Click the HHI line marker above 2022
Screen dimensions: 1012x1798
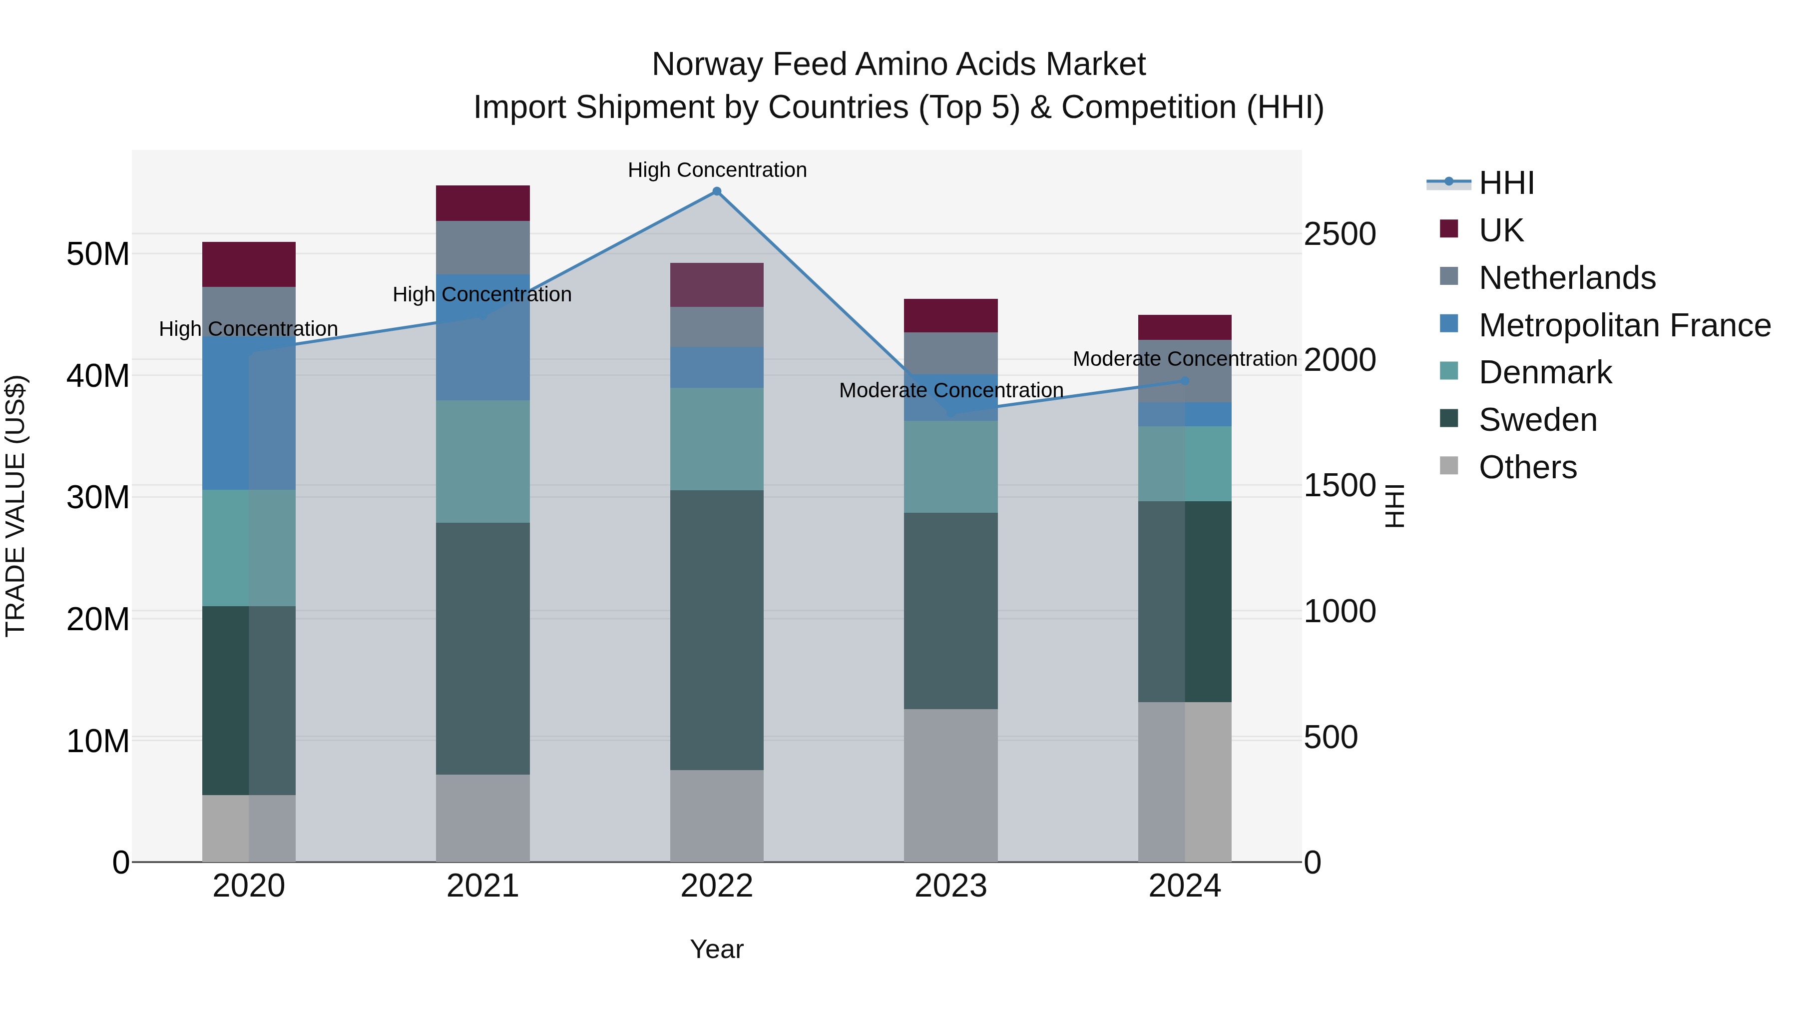(716, 191)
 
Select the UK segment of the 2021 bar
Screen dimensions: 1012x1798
(482, 203)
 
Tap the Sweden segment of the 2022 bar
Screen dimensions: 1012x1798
(716, 630)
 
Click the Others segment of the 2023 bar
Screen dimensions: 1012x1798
(950, 785)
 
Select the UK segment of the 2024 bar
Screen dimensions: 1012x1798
(1185, 327)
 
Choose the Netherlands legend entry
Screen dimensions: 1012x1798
(1567, 278)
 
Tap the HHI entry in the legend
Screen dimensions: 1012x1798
(1506, 183)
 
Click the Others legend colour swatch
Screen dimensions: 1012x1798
(1448, 465)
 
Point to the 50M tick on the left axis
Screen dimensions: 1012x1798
(98, 254)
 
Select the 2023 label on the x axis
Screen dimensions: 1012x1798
(950, 886)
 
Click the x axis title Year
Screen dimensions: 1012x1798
(716, 949)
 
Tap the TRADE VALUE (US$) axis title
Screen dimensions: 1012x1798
(15, 506)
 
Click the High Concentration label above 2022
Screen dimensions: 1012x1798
(717, 170)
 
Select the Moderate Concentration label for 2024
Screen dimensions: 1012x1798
(1185, 359)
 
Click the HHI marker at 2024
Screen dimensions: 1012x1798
(1185, 381)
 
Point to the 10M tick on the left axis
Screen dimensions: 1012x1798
(98, 741)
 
